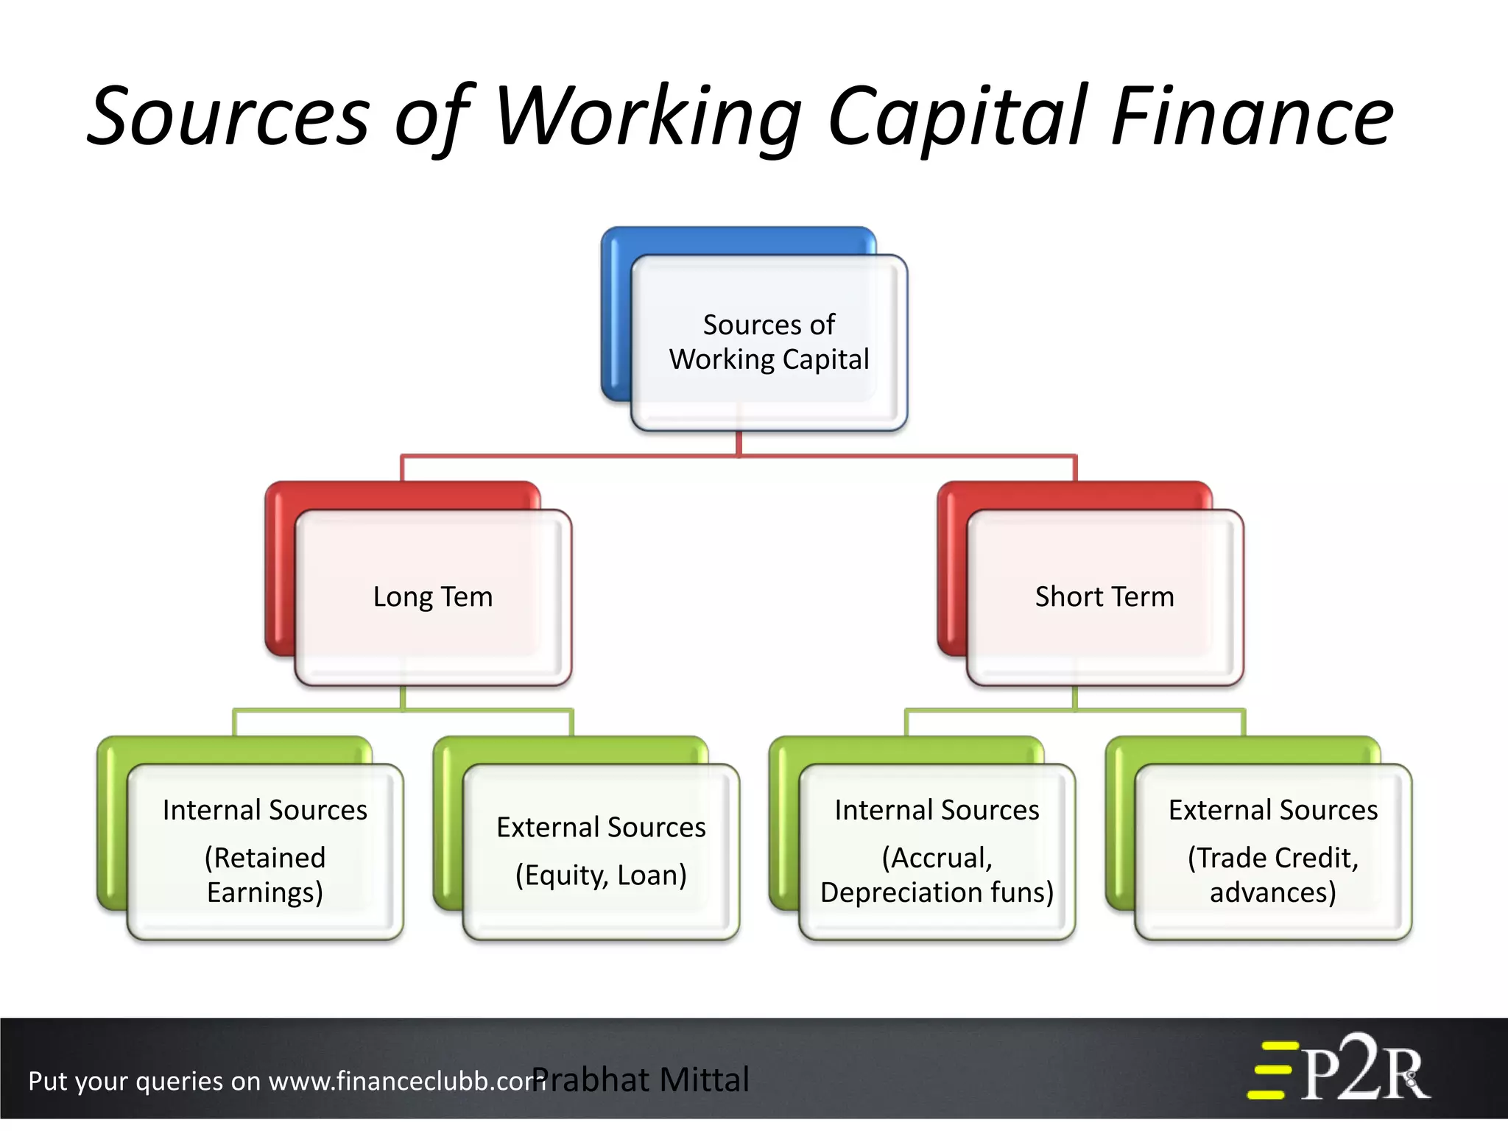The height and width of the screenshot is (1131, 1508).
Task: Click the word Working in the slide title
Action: pos(648,118)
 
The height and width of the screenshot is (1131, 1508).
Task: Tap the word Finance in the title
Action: pos(1252,118)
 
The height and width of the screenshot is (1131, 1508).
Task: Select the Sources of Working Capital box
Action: pos(769,342)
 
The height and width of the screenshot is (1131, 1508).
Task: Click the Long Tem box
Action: pos(433,597)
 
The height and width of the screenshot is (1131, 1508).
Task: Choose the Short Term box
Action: pos(1104,597)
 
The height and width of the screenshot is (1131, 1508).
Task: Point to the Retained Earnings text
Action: pos(265,875)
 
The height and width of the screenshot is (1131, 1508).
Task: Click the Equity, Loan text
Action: pos(601,875)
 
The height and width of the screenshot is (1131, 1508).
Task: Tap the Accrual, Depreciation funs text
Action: pos(937,875)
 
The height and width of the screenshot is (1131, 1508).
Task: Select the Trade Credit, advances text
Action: pos(1273,875)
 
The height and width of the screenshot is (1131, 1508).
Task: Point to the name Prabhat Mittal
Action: pos(641,1080)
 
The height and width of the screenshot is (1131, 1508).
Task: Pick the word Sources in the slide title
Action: pos(228,118)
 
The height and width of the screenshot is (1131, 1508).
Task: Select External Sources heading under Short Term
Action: pos(1273,810)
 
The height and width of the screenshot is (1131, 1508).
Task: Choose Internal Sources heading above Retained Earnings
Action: pos(265,810)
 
